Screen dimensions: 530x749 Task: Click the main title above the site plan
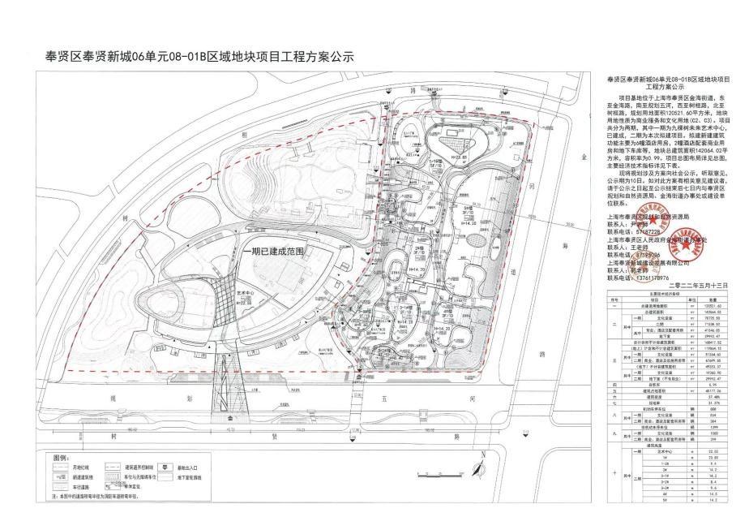[x=200, y=58]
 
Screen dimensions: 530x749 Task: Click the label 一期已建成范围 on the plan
[x=273, y=252]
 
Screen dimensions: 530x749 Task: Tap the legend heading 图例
[x=62, y=459]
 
